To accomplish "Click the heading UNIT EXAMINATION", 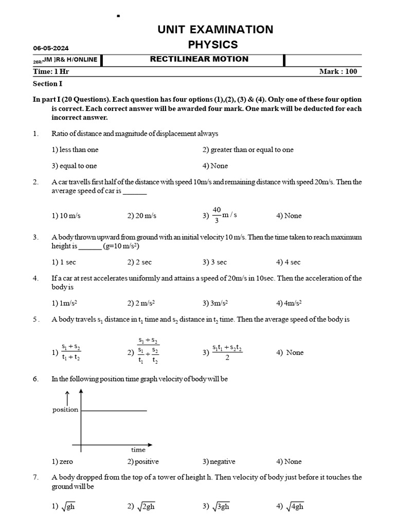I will click(x=216, y=29).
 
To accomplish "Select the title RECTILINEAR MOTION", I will click(x=199, y=59).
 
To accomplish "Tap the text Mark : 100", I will click(x=337, y=71).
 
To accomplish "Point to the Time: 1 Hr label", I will click(x=51, y=71).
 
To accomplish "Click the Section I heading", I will click(x=48, y=84).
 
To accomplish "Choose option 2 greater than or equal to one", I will click(x=248, y=149).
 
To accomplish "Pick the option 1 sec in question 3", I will click(x=65, y=262).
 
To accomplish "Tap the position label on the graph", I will click(x=65, y=409).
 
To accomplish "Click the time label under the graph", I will click(x=138, y=449).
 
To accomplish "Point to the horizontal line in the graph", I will click(x=114, y=410).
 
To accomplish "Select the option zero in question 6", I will click(x=63, y=461).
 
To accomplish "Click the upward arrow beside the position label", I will click(x=66, y=397).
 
